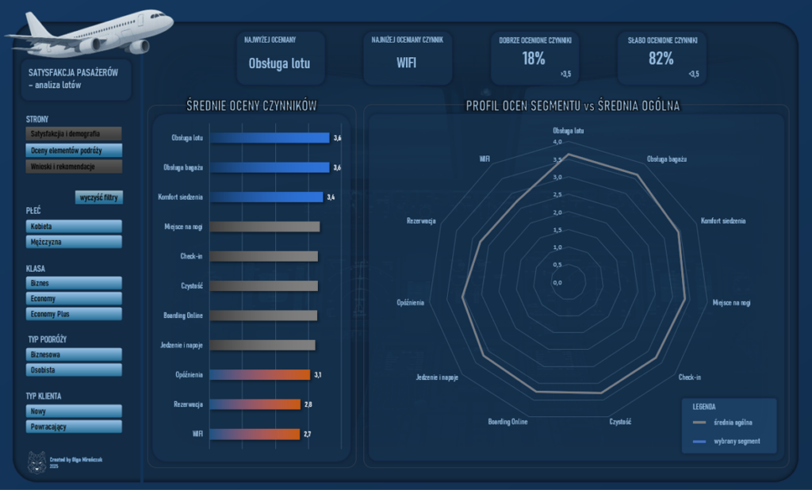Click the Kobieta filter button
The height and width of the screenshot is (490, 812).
pos(74,227)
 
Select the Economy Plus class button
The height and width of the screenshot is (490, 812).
pos(74,314)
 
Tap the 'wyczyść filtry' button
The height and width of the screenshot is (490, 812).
pos(99,197)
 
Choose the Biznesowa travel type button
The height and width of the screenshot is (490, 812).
pos(74,354)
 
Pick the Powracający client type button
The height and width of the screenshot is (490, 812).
pos(74,427)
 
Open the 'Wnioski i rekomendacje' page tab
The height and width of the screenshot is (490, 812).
pos(74,167)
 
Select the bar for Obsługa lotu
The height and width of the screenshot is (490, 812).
pos(270,138)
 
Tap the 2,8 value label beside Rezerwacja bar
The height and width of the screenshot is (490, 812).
pos(308,404)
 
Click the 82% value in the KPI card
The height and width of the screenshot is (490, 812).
pos(661,58)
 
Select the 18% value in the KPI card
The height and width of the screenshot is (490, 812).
pos(534,58)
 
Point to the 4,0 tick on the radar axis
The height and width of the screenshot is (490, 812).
pos(557,143)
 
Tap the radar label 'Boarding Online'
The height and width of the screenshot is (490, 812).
pos(507,422)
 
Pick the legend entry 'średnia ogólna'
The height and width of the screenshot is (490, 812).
pos(733,422)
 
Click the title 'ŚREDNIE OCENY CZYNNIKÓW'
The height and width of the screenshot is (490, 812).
pos(251,105)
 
